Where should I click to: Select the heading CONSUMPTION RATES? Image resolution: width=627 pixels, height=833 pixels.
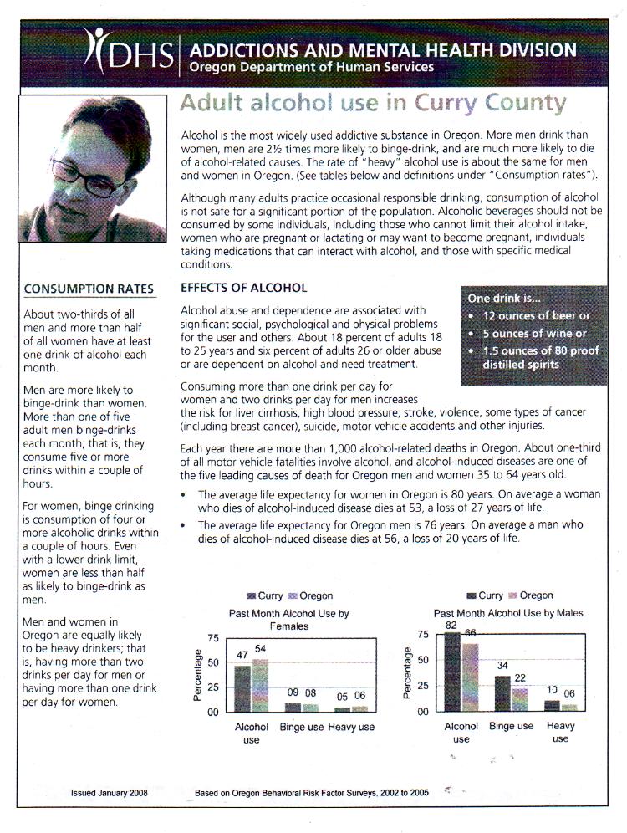click(x=89, y=289)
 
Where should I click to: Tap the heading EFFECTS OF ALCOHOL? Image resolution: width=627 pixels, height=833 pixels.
click(x=244, y=288)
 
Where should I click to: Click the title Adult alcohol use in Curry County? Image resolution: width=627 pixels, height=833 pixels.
click(x=373, y=105)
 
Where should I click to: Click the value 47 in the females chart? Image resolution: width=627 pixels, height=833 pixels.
click(x=242, y=655)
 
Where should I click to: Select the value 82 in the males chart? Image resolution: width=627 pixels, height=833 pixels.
click(x=451, y=626)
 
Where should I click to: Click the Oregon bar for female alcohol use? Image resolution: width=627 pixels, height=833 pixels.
click(x=260, y=685)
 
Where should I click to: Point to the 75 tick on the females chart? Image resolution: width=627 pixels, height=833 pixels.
click(x=212, y=638)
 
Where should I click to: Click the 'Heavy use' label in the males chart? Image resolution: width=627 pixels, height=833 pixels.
click(x=560, y=732)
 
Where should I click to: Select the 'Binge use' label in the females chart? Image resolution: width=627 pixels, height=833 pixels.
click(x=301, y=728)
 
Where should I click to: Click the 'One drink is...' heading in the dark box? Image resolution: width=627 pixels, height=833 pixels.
click(x=505, y=298)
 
